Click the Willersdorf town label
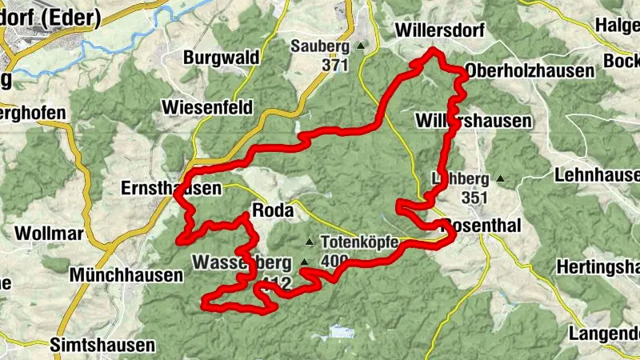434,31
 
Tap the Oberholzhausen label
530,70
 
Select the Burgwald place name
221,58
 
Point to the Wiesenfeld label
206,107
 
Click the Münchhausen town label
126,274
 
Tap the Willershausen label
474,121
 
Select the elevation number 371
337,65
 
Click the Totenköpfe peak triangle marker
310,241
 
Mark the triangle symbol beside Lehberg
500,178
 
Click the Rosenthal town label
482,226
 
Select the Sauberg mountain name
320,46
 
